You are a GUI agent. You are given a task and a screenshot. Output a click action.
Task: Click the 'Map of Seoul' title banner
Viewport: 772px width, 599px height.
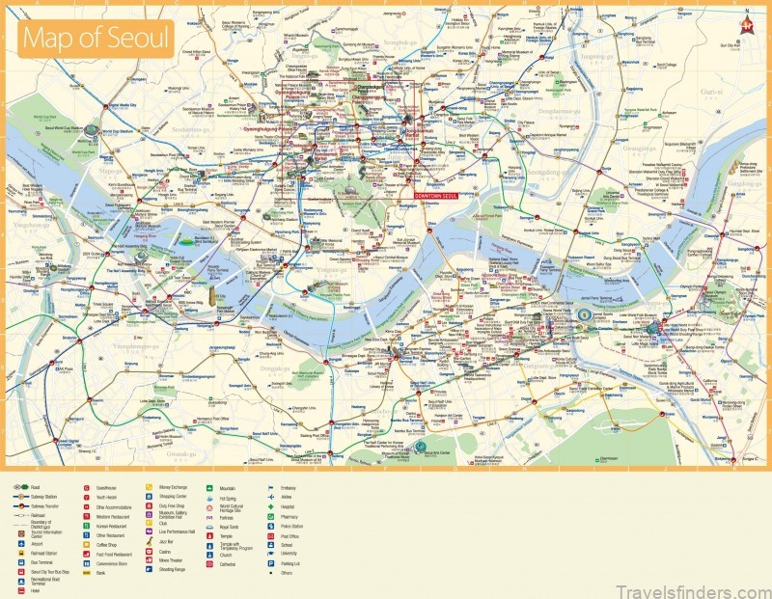[x=95, y=39]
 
